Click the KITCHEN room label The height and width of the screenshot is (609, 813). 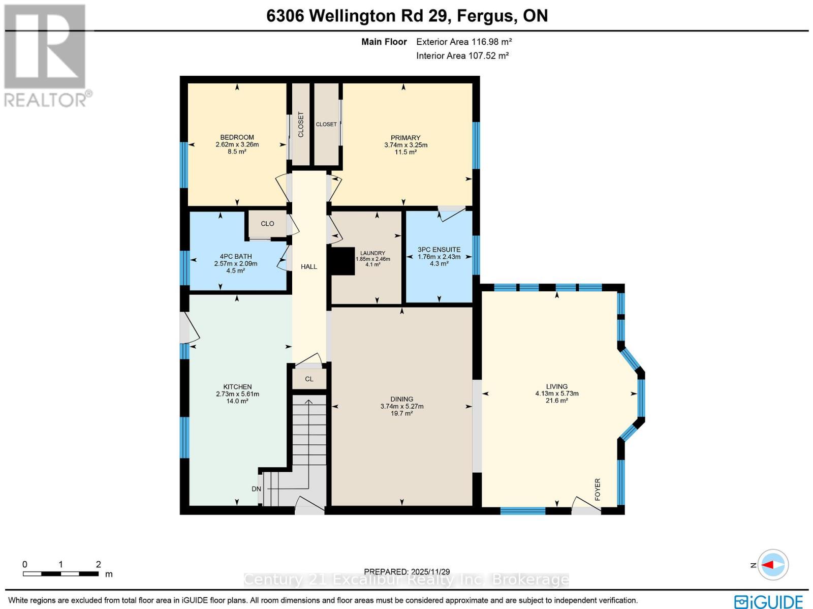coord(237,387)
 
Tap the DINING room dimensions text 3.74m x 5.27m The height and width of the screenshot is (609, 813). coord(401,406)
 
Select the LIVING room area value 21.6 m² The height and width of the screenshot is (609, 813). coord(556,401)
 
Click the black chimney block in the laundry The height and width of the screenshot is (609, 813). coord(342,261)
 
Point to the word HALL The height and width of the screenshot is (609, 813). coord(309,266)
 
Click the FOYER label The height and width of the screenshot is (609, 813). coord(598,489)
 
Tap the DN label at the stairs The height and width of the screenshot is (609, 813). coord(256,489)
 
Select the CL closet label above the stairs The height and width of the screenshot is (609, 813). coord(309,379)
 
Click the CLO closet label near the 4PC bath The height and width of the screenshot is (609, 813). coord(267,224)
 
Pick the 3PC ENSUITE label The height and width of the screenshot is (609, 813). coord(439,250)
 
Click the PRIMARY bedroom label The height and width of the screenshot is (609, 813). coord(405,138)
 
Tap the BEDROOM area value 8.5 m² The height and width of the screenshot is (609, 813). coord(237,151)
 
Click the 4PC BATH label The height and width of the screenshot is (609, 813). coord(236,257)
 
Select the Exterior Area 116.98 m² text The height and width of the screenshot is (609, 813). coord(463,42)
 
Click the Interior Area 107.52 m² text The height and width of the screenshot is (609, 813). coord(462,56)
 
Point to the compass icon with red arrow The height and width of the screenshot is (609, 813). coord(773,565)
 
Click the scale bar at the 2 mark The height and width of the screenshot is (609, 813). coord(98,573)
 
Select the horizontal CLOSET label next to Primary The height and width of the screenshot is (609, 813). coord(326,125)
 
